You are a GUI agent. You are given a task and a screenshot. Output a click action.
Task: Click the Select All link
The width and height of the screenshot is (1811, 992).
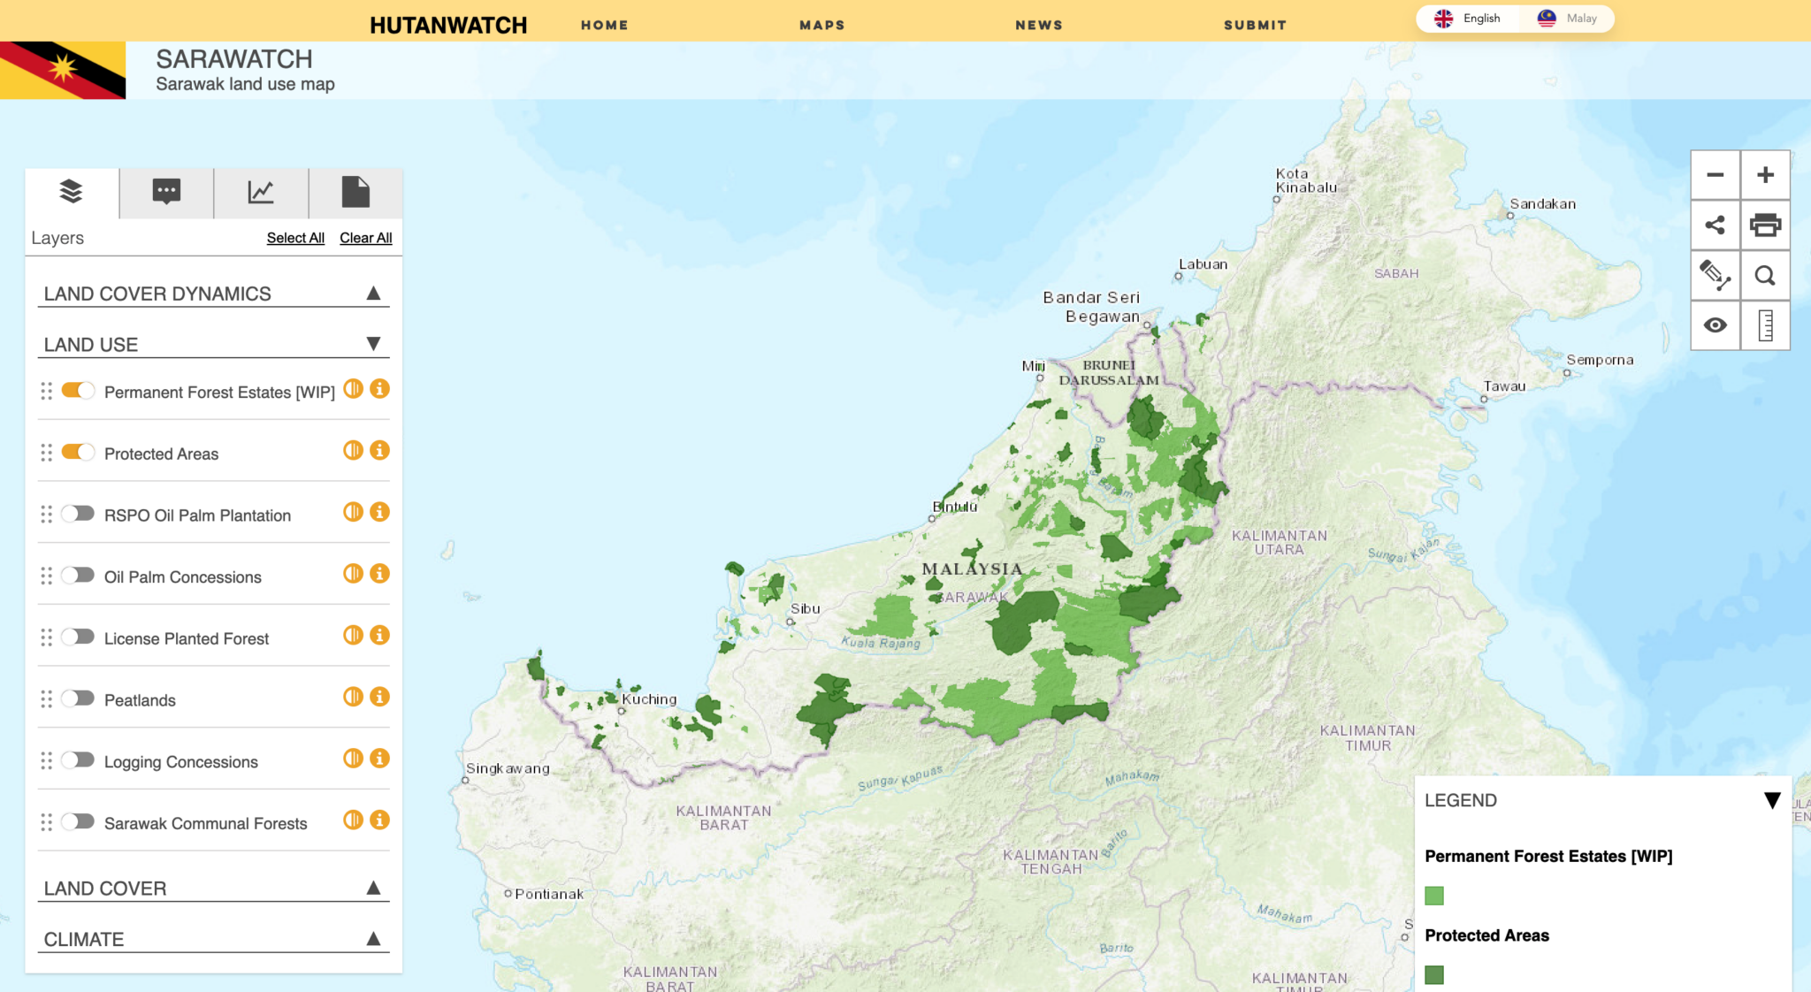(295, 238)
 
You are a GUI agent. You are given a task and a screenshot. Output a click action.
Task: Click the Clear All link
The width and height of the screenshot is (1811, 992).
(365, 238)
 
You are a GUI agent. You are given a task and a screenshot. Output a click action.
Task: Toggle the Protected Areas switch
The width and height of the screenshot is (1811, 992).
(78, 453)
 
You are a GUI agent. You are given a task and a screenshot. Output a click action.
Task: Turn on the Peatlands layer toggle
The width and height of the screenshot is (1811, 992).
(78, 698)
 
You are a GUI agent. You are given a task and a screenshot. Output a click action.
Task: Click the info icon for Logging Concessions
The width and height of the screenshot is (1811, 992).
(380, 759)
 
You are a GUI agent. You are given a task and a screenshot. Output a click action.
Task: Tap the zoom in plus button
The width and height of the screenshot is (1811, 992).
(1765, 175)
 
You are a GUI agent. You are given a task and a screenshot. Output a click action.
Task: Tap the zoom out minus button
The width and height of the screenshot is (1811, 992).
(1715, 175)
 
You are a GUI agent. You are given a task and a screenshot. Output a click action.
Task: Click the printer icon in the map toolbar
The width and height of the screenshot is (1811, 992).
(1765, 225)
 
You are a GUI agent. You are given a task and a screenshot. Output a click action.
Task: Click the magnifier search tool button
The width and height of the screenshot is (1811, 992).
(1765, 276)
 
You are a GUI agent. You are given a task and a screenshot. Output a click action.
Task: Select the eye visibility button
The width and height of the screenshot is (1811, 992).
(1715, 325)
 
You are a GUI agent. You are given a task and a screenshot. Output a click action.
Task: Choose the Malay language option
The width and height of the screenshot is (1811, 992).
(1570, 19)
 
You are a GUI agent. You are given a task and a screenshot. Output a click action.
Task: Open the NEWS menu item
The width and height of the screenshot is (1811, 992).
(1039, 25)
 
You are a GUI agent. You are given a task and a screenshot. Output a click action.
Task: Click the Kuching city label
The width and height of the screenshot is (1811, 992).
(649, 699)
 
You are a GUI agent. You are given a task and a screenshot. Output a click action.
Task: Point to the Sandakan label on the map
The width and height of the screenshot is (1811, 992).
(1542, 204)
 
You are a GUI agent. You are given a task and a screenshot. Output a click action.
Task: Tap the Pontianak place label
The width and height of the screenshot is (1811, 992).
(548, 894)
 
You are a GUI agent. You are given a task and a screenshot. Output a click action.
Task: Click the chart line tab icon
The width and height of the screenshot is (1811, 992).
(261, 192)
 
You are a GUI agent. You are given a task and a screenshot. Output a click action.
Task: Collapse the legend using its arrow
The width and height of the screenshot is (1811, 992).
(1772, 800)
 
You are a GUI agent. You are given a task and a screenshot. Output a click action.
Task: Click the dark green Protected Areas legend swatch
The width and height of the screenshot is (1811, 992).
(1434, 974)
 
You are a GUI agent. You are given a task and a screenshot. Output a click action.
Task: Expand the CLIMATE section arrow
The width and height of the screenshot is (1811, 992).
(373, 939)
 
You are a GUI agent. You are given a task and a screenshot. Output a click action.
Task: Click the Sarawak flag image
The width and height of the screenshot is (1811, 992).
(63, 70)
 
